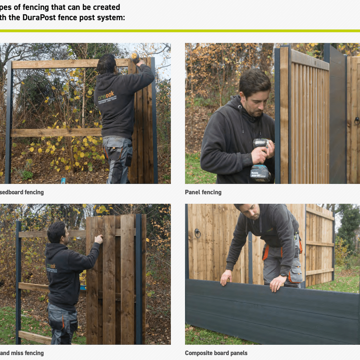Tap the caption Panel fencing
click(203, 192)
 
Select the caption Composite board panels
click(216, 353)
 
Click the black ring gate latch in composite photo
click(197, 234)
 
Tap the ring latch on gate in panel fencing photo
click(357, 120)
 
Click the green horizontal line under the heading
click(180, 31)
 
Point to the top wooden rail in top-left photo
click(68, 64)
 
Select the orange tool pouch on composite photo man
click(266, 252)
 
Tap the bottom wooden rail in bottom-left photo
click(34, 337)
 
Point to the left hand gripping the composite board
click(226, 278)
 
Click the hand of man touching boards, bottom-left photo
click(99, 239)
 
